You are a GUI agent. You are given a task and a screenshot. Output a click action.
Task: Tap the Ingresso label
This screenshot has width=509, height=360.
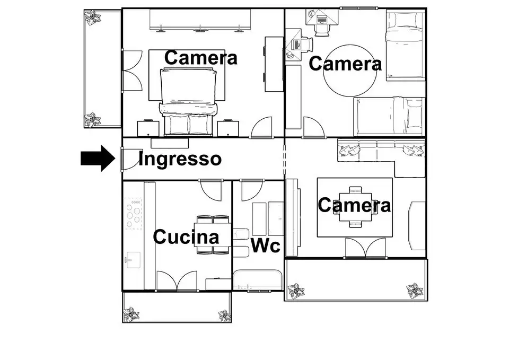tap(180, 159)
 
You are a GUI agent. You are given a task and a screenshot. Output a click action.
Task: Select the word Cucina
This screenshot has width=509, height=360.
tap(186, 236)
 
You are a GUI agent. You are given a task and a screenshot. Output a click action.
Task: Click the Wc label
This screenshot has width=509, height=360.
tap(265, 246)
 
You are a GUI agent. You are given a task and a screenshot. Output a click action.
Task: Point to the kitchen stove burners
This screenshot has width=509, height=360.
tap(135, 214)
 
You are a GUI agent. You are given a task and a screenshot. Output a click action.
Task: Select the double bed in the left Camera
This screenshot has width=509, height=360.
tap(189, 101)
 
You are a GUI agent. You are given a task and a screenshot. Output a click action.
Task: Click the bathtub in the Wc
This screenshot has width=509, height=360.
tap(258, 279)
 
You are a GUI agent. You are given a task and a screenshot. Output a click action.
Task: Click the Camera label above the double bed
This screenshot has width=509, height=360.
tap(200, 58)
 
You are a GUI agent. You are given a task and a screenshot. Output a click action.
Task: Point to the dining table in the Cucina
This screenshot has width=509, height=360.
tap(213, 234)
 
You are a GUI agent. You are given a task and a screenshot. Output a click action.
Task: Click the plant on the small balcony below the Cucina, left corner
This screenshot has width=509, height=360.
tap(131, 315)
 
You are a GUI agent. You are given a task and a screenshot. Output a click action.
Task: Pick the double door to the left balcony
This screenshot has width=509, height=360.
tap(131, 71)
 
